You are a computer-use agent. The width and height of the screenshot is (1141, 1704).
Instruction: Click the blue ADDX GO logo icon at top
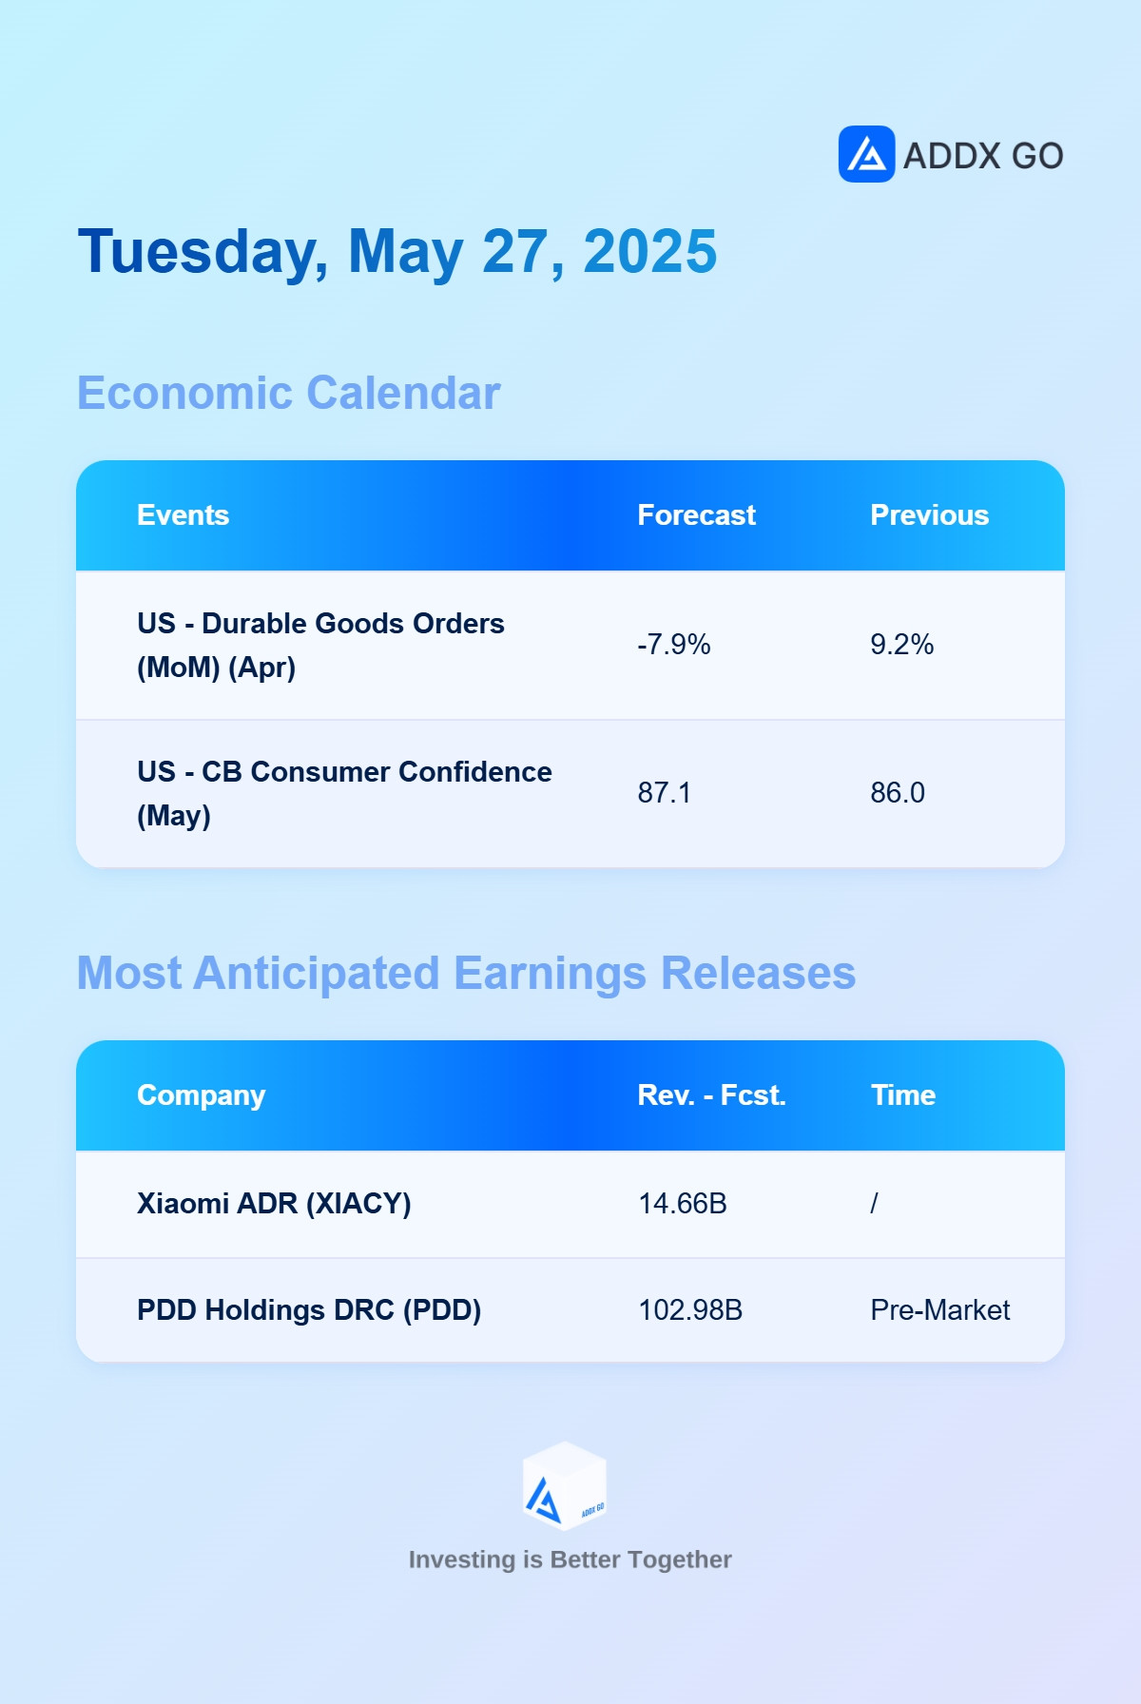point(866,154)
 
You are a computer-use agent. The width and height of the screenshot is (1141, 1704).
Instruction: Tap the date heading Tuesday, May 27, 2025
point(397,252)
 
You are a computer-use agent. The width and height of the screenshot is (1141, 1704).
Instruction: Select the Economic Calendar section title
point(288,393)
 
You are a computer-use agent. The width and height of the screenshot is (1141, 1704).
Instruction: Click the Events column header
point(184,515)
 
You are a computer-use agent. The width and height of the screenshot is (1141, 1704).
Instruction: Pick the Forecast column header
point(696,515)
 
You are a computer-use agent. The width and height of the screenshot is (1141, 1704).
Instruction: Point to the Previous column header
point(929,515)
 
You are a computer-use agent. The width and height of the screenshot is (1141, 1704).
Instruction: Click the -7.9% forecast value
point(673,645)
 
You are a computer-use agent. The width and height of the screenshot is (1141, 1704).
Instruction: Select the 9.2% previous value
point(901,645)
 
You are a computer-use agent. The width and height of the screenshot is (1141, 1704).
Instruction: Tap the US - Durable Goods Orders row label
point(320,646)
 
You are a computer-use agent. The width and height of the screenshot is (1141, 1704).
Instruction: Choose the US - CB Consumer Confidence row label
point(344,794)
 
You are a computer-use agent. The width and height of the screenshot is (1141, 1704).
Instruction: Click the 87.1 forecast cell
point(664,793)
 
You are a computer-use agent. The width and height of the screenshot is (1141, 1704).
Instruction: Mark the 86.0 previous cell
point(897,793)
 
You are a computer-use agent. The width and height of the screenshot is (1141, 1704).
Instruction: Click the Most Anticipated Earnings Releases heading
point(466,974)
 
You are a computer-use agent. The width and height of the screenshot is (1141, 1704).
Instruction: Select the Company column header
point(201,1095)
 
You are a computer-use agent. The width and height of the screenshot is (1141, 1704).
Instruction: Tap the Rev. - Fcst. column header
point(711,1095)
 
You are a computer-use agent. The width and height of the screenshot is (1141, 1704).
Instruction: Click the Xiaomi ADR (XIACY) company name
point(274,1204)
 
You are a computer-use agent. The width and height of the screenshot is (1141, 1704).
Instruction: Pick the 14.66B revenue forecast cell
point(682,1204)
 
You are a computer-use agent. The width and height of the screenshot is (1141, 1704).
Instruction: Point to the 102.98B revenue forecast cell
point(689,1310)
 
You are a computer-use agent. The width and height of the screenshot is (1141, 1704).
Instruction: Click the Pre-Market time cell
point(939,1310)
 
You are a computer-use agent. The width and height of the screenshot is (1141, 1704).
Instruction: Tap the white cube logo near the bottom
point(565,1486)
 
